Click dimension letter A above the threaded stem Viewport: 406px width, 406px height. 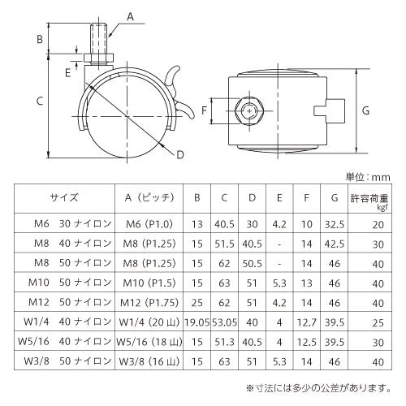pyautogui.click(x=131, y=17)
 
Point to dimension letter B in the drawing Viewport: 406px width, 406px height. pyautogui.click(x=40, y=39)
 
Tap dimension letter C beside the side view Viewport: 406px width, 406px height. pyautogui.click(x=40, y=101)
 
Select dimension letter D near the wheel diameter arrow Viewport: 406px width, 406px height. pyautogui.click(x=180, y=155)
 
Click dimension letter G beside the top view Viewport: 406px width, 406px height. pyautogui.click(x=365, y=110)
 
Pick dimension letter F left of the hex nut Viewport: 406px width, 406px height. pyautogui.click(x=204, y=110)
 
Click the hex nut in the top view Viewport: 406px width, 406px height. pyautogui.click(x=248, y=111)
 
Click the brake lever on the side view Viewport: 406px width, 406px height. pyautogui.click(x=179, y=92)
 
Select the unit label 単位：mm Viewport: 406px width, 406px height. pyautogui.click(x=368, y=177)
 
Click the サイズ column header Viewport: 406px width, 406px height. pyautogui.click(x=64, y=197)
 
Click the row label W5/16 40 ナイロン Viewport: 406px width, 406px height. pyautogui.click(x=65, y=342)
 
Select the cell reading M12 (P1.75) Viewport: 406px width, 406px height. pyautogui.click(x=149, y=302)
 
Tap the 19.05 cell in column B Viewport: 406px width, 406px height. pyautogui.click(x=197, y=322)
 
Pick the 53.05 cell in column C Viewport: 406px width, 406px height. pyautogui.click(x=224, y=322)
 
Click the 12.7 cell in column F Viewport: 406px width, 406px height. pyautogui.click(x=307, y=322)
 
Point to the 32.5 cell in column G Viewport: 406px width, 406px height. pyautogui.click(x=335, y=224)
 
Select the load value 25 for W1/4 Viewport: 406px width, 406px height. pyautogui.click(x=378, y=323)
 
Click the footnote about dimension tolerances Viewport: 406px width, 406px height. pyautogui.click(x=318, y=388)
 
